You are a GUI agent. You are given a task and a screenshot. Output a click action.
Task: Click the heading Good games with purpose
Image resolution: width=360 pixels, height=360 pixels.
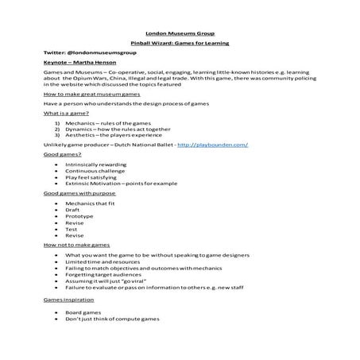[79, 193]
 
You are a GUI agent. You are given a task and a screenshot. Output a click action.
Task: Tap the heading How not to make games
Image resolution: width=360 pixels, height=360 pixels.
[76, 246]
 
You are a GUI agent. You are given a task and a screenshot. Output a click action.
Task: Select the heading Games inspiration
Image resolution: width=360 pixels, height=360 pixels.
[68, 300]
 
